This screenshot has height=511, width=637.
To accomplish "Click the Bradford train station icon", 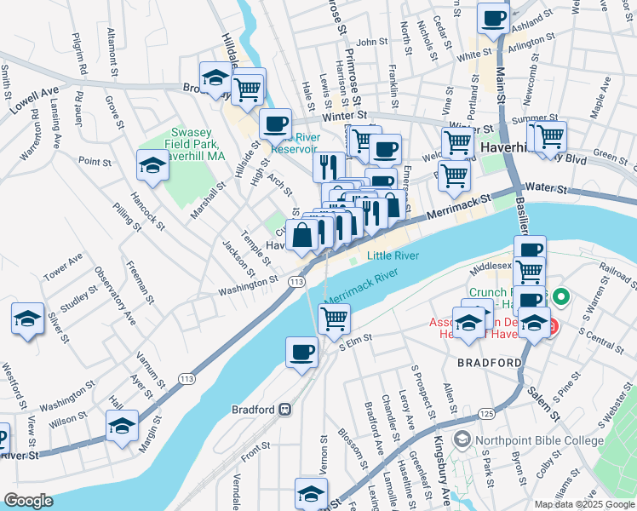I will pyautogui.click(x=284, y=409).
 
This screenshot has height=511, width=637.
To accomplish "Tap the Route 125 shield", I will pyautogui.click(x=485, y=413).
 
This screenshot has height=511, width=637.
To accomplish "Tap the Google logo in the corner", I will pyautogui.click(x=28, y=500).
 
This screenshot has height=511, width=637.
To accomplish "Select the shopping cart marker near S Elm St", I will pyautogui.click(x=334, y=319).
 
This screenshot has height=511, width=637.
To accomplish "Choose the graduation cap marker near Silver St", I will pyautogui.click(x=27, y=319).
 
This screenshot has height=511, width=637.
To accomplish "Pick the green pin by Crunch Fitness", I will pyautogui.click(x=560, y=298).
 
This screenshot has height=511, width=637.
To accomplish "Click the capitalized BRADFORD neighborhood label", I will pyautogui.click(x=489, y=363).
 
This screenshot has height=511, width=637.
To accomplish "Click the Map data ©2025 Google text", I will pyautogui.click(x=583, y=504).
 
